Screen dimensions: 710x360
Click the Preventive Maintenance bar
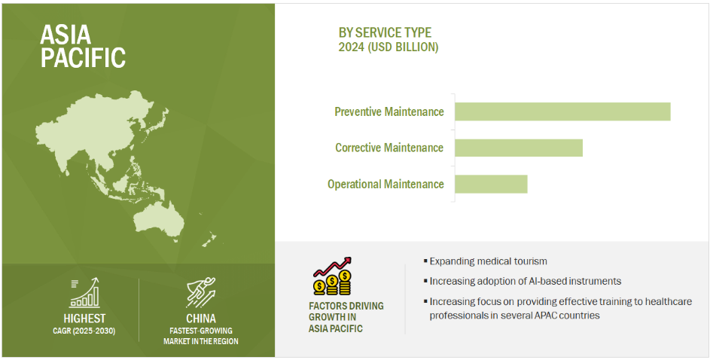click(562, 111)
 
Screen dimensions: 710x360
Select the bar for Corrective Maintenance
click(519, 148)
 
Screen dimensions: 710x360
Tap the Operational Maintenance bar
click(491, 184)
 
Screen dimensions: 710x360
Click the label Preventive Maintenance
click(389, 111)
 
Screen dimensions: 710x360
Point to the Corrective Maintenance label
click(389, 148)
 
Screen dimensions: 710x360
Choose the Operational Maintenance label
click(385, 185)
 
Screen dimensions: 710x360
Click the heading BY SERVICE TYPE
click(385, 32)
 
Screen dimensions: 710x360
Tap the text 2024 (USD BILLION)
click(389, 47)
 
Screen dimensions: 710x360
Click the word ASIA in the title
click(66, 35)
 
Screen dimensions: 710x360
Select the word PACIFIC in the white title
click(83, 57)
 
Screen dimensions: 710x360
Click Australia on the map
click(158, 221)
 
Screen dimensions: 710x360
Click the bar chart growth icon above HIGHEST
click(84, 293)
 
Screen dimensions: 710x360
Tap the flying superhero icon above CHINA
click(201, 293)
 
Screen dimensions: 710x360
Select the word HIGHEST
click(84, 319)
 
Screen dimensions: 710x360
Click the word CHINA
click(201, 319)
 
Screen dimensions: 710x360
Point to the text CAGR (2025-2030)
click(84, 331)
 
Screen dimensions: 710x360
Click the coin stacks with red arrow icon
click(333, 276)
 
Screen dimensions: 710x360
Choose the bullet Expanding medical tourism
click(485, 261)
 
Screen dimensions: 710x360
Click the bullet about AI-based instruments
click(522, 281)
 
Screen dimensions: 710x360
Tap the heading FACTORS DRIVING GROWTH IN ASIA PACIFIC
click(346, 317)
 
